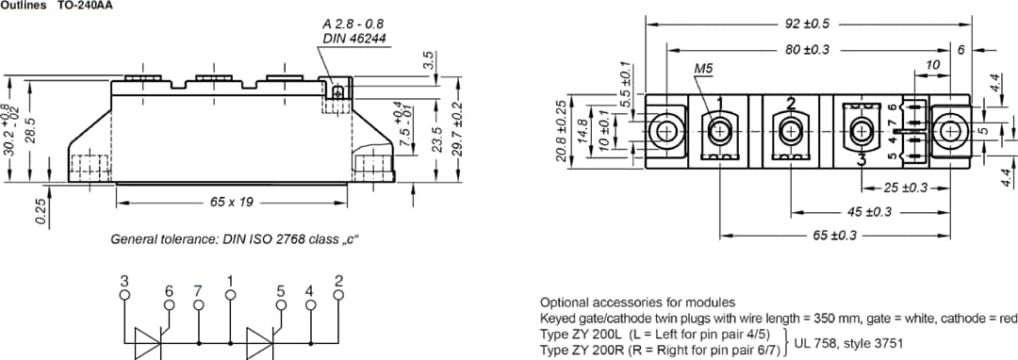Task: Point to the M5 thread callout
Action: coord(703,69)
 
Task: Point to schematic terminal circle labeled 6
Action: coord(169,305)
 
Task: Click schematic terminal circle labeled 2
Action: coord(338,294)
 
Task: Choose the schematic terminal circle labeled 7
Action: coord(198,305)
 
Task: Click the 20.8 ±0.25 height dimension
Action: coord(562,130)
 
